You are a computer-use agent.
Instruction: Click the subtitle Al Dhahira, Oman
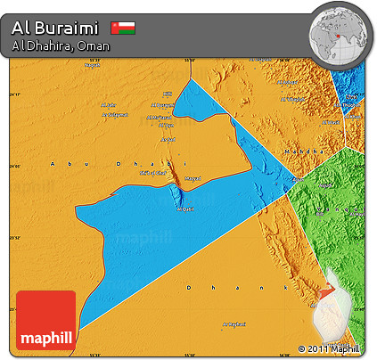[61, 45]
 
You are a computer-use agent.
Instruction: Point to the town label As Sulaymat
[233, 323]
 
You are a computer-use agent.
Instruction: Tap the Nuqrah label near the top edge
[93, 65]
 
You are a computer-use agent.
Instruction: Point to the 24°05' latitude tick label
[13, 167]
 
